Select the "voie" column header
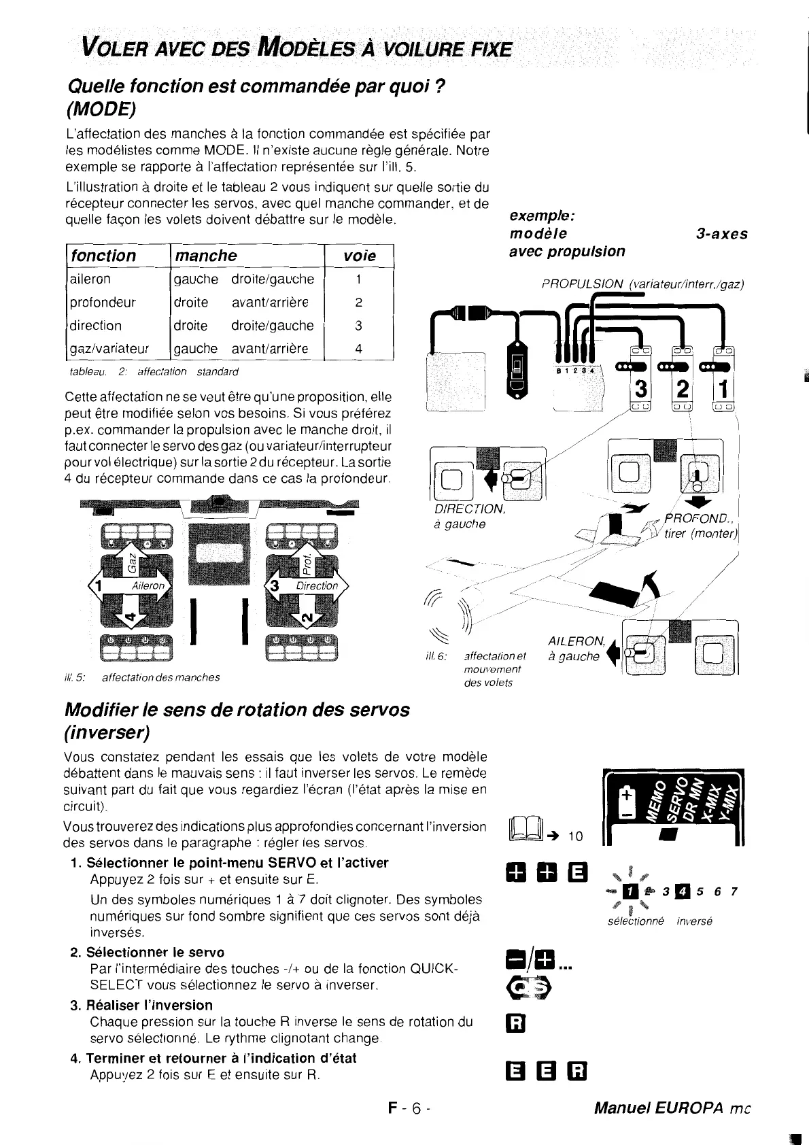point(360,256)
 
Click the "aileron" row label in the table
point(90,279)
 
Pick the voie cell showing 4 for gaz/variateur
point(359,349)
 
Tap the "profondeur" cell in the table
point(102,302)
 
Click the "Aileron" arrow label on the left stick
point(148,585)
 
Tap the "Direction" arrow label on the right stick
point(317,585)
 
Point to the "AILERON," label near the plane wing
point(576,640)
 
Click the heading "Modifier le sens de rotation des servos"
point(237,709)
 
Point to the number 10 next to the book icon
point(575,836)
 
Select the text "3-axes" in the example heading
point(722,234)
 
